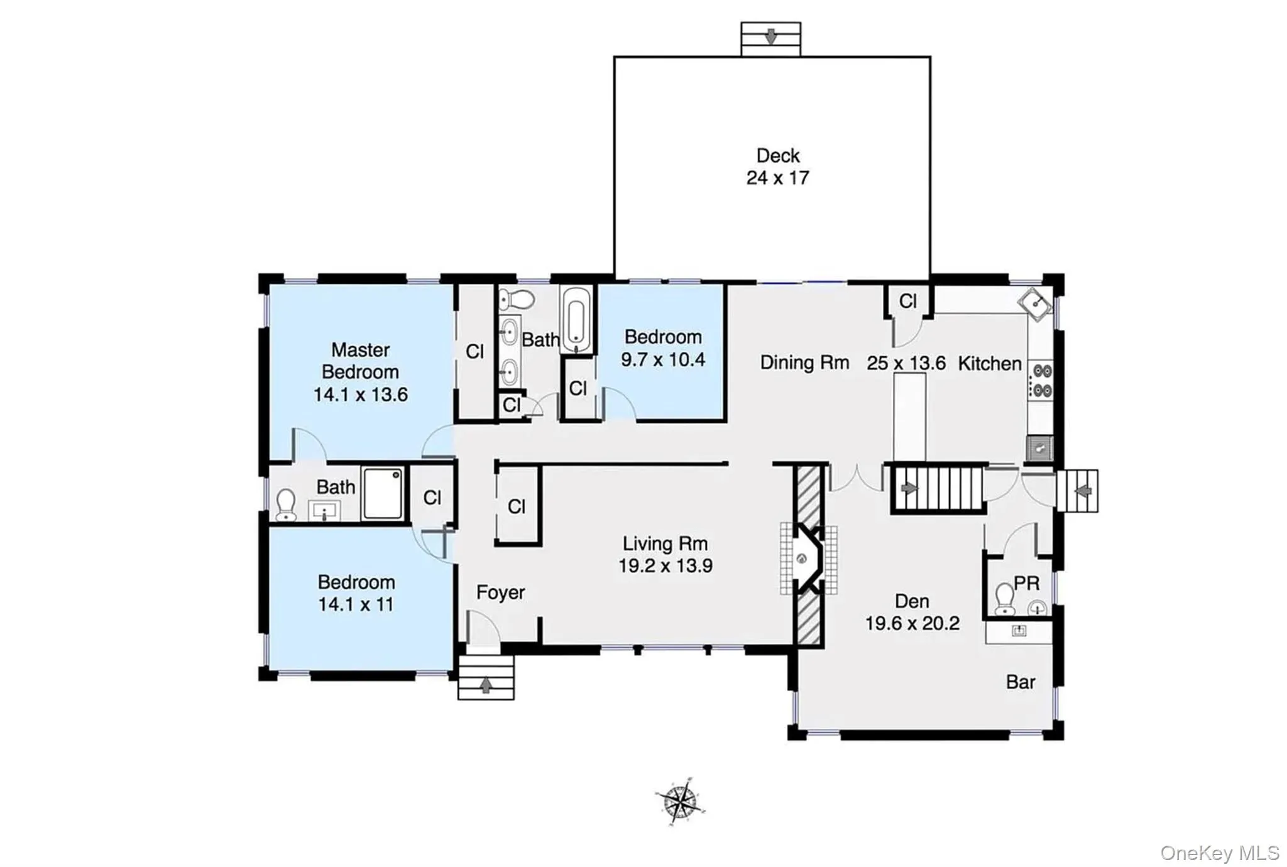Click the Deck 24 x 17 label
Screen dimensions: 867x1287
point(777,166)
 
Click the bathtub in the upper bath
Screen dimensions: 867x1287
point(576,320)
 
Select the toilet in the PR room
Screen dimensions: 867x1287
point(1005,598)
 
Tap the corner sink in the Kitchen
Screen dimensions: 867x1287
point(1035,305)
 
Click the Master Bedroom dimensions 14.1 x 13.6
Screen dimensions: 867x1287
point(360,395)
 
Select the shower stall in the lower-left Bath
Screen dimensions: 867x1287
point(383,493)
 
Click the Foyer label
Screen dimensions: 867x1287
point(500,592)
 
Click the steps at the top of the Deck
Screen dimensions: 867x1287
point(770,39)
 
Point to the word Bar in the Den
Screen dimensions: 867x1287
point(1021,682)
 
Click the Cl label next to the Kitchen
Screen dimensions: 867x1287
point(907,302)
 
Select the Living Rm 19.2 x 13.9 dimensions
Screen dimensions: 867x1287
point(665,565)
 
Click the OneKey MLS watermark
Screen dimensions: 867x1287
point(1219,853)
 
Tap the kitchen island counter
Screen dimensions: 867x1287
point(909,417)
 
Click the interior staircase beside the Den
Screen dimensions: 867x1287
point(936,489)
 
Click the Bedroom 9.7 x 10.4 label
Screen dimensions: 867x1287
point(662,348)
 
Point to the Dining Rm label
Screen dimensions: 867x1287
point(804,363)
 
